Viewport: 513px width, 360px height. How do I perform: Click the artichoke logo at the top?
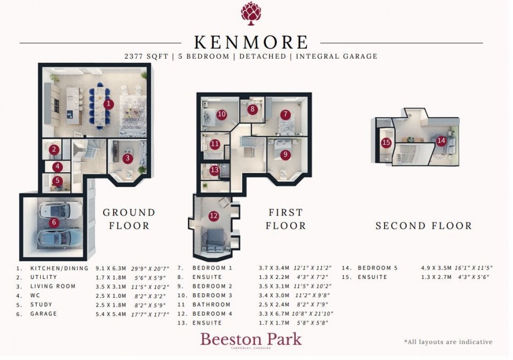coord(251,13)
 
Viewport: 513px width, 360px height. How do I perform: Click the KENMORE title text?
coord(251,42)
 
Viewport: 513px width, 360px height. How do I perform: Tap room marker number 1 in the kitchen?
coord(108,104)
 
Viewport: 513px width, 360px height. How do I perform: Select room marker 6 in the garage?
coord(53,222)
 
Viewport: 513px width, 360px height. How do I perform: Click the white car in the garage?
coord(54,210)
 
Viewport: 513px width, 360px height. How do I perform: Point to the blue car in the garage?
coord(54,237)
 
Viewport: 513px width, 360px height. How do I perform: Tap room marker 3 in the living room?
coord(127,157)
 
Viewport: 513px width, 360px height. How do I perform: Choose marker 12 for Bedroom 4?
coord(213,215)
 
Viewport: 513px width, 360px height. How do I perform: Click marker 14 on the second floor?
coord(441,140)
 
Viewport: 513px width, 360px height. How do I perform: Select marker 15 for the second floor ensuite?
coord(386,142)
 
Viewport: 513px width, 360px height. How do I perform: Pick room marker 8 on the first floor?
coord(253,109)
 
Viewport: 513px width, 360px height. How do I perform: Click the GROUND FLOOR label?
coord(129,219)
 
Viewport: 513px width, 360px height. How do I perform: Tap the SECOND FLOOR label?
coord(423,226)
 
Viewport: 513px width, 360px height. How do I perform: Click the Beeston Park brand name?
coord(251,339)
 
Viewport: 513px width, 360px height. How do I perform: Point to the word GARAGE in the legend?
coord(43,314)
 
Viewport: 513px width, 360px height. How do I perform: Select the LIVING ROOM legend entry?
coord(53,286)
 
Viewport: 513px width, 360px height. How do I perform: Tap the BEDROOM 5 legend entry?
coord(377,268)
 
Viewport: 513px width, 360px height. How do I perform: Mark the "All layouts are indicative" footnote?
coord(448,342)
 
